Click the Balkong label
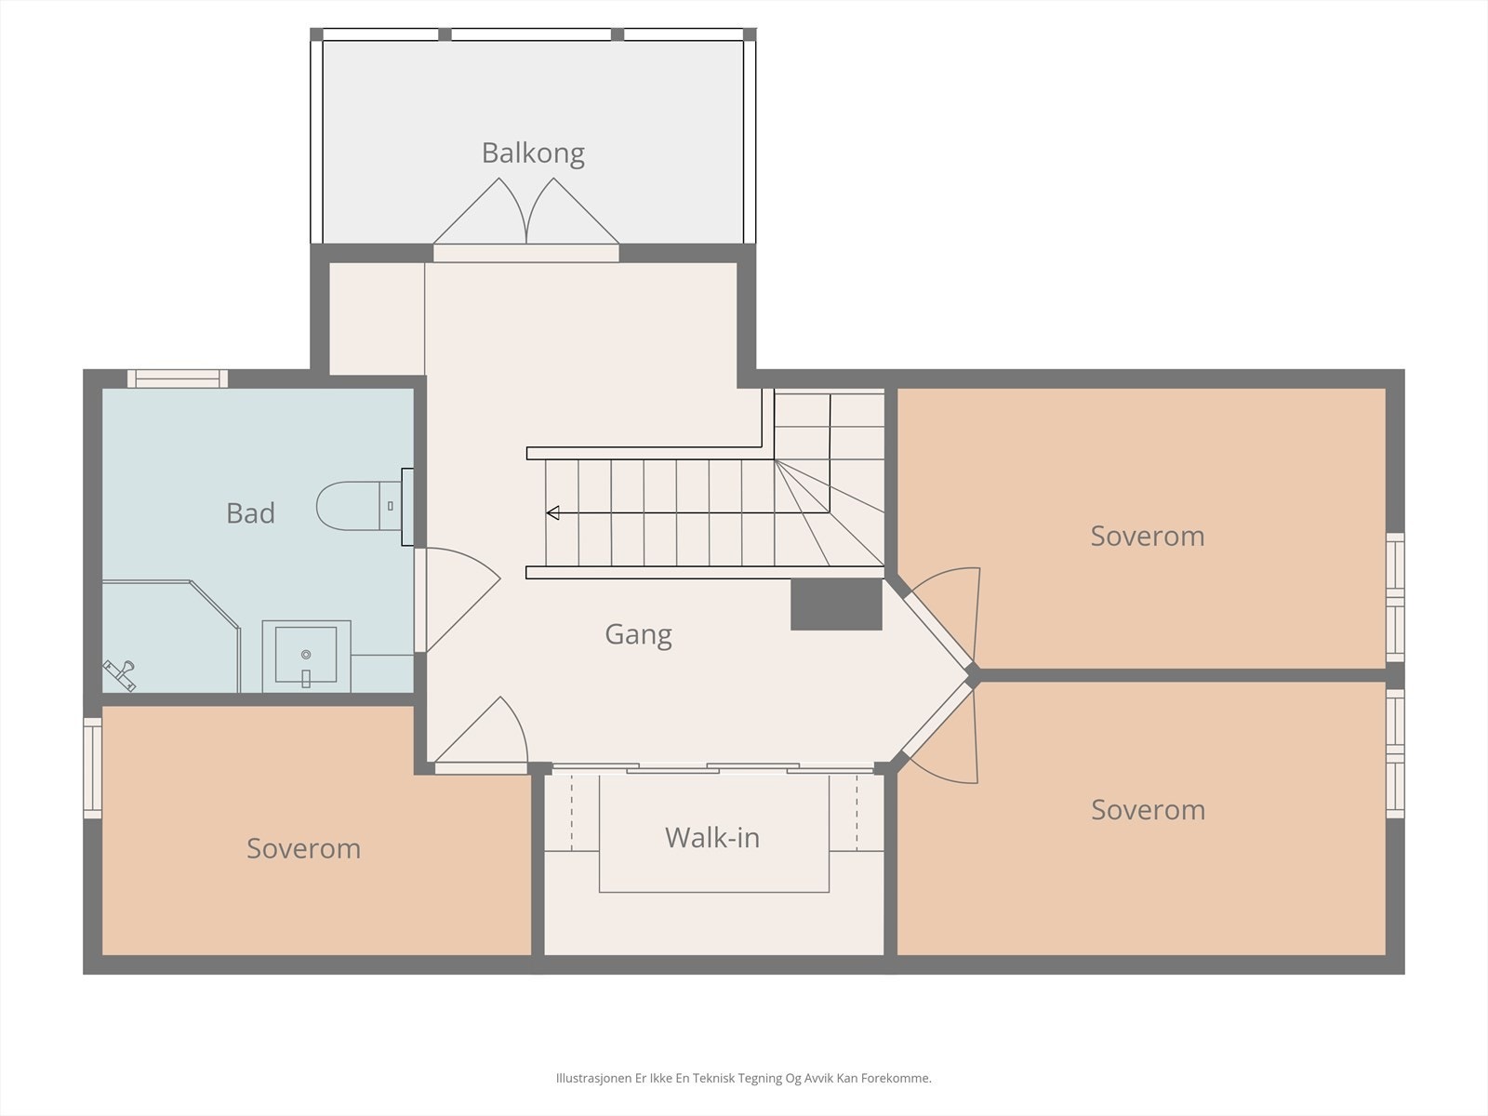[x=533, y=153]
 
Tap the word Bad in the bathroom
[x=250, y=513]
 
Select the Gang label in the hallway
[x=638, y=635]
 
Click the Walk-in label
[x=711, y=838]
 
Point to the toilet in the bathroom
[x=359, y=506]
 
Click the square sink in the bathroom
[x=306, y=656]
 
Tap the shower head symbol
[x=120, y=675]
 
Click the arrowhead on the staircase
[x=552, y=513]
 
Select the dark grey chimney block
[x=836, y=604]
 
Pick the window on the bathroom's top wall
[x=178, y=379]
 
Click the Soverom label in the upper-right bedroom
[x=1147, y=536]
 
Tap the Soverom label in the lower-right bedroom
[x=1148, y=810]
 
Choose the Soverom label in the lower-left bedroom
[x=303, y=848]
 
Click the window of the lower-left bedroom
[x=92, y=768]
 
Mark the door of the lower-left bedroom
[x=482, y=736]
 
